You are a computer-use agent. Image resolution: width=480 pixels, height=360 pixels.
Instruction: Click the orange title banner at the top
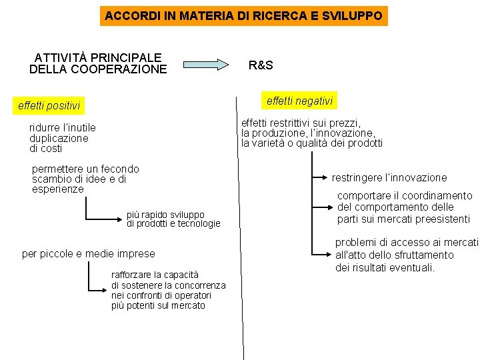[x=243, y=15]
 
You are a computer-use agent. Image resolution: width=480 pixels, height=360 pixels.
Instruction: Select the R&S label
[x=261, y=65]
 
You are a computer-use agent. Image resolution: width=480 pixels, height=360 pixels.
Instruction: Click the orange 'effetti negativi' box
[x=299, y=101]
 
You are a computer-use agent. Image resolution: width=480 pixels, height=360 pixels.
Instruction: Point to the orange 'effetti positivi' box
[x=49, y=105]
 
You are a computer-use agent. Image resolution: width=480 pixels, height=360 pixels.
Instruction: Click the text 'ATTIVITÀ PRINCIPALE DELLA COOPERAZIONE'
[x=98, y=63]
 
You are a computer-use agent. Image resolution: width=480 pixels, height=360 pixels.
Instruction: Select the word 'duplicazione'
[x=59, y=138]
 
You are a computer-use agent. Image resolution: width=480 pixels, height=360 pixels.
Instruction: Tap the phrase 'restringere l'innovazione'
[x=389, y=178]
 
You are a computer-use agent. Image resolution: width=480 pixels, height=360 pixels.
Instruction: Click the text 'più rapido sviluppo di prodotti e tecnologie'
[x=173, y=219]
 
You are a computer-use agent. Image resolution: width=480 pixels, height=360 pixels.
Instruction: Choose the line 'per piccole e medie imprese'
[x=88, y=253]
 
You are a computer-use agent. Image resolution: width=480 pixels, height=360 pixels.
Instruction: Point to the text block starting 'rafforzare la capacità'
[x=168, y=290]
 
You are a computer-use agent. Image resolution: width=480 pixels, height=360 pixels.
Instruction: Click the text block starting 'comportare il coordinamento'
[x=404, y=207]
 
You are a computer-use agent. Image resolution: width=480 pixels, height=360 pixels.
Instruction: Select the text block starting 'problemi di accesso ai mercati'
[x=407, y=255]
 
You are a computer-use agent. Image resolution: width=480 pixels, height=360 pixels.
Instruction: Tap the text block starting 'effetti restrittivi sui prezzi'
[x=312, y=133]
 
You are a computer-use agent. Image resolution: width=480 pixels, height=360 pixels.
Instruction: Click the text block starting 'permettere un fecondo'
[x=85, y=179]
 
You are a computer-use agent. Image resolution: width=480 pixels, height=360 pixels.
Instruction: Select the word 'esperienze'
[x=58, y=189]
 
